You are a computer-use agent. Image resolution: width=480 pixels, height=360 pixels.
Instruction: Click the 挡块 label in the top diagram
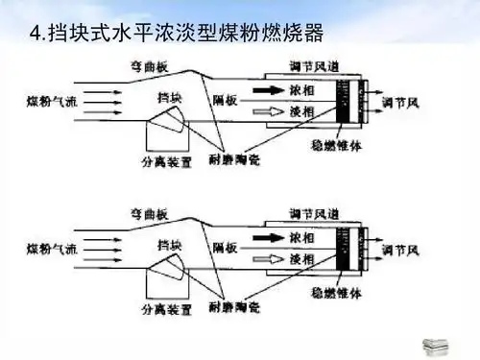coord(171,99)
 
